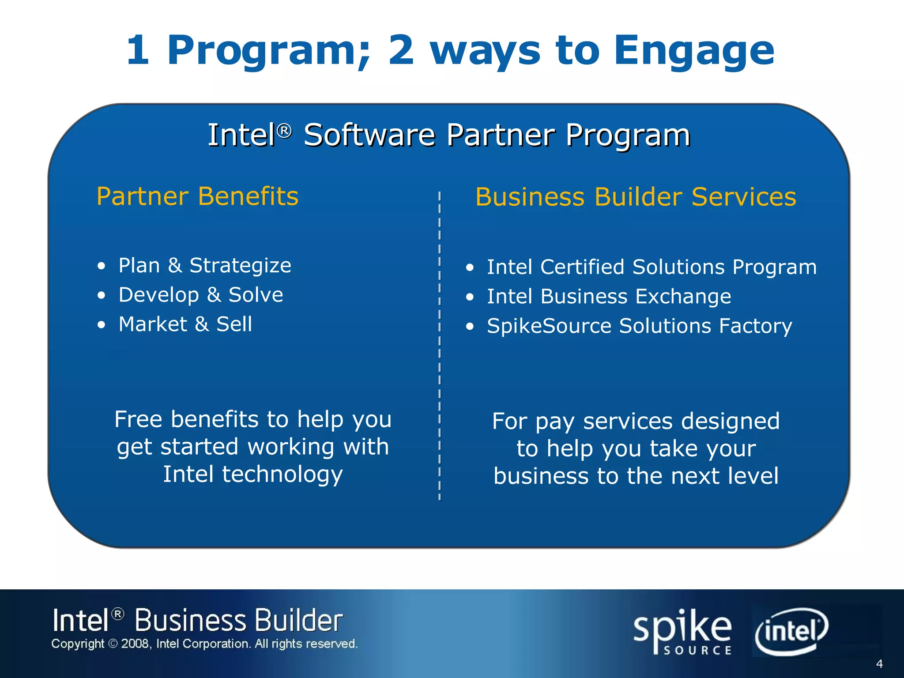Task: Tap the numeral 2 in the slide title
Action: coord(401,50)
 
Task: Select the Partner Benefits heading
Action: coord(197,196)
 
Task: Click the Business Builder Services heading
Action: coord(636,197)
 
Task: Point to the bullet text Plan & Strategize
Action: coord(205,266)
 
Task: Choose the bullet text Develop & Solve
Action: coord(201,295)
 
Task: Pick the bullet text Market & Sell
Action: coord(185,324)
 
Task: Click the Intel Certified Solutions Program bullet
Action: coord(652,267)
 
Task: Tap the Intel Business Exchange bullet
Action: coord(609,297)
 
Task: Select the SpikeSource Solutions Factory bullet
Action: coord(640,326)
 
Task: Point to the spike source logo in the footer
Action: coord(682,632)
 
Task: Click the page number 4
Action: coord(879,664)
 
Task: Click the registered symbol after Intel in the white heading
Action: coord(285,131)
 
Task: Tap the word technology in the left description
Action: coord(282,475)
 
